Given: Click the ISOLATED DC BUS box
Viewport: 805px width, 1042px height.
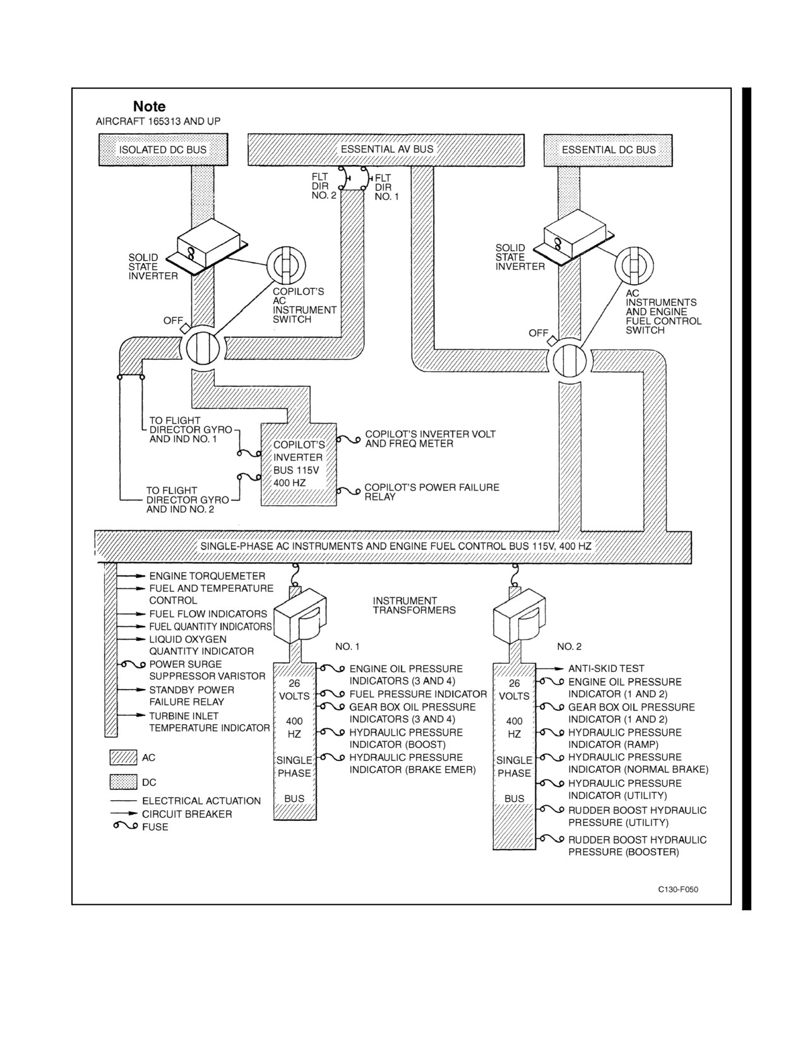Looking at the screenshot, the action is click(x=163, y=150).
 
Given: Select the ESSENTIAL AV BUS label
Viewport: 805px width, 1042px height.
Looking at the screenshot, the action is click(x=387, y=149).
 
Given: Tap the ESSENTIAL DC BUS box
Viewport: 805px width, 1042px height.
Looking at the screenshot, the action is click(x=608, y=150).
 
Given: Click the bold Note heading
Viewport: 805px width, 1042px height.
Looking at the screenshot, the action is click(x=149, y=106).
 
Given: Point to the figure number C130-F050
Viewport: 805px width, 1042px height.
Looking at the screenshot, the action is click(x=678, y=890).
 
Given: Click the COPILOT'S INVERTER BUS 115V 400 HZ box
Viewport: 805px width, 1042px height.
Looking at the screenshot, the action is click(x=299, y=464).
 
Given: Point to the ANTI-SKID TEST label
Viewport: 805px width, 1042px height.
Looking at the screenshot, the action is click(x=606, y=668).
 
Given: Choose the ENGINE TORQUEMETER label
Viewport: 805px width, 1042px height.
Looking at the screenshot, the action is click(x=207, y=576).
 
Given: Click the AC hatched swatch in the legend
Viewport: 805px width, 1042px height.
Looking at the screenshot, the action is click(x=123, y=758).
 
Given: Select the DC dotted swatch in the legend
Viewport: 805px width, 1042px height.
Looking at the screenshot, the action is click(x=123, y=782).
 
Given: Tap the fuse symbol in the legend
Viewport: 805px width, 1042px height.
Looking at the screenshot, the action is click(x=125, y=826).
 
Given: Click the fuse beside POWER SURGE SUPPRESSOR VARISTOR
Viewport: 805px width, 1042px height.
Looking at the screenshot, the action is click(x=133, y=664).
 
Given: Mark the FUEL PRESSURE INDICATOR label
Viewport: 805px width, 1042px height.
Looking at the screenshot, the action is click(x=418, y=694).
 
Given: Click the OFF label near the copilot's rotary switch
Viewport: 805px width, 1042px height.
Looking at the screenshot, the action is click(x=173, y=320).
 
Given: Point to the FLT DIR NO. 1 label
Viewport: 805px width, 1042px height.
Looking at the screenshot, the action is click(x=386, y=187).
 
